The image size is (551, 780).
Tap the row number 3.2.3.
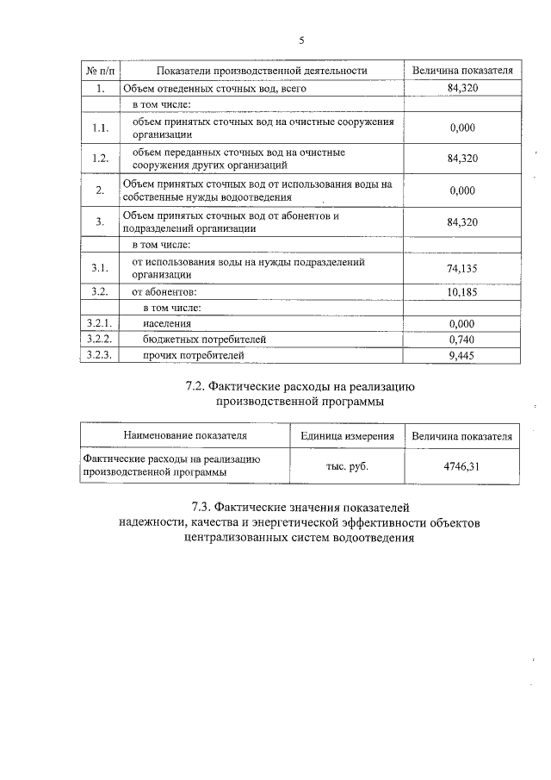click(x=100, y=354)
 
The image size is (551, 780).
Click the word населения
click(x=167, y=323)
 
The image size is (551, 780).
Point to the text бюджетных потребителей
click(x=194, y=339)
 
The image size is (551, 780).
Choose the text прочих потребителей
click(x=194, y=354)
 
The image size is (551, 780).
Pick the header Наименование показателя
click(x=185, y=436)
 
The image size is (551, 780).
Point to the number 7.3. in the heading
click(x=206, y=507)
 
